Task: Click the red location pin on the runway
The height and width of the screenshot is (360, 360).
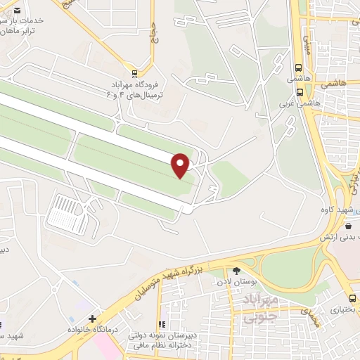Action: [181, 165]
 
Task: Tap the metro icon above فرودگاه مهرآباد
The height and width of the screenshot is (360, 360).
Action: [135, 72]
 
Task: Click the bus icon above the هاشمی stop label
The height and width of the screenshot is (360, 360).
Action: [299, 69]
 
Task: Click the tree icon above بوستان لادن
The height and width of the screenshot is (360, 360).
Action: [236, 271]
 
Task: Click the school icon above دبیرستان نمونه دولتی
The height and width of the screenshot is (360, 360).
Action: [161, 325]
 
